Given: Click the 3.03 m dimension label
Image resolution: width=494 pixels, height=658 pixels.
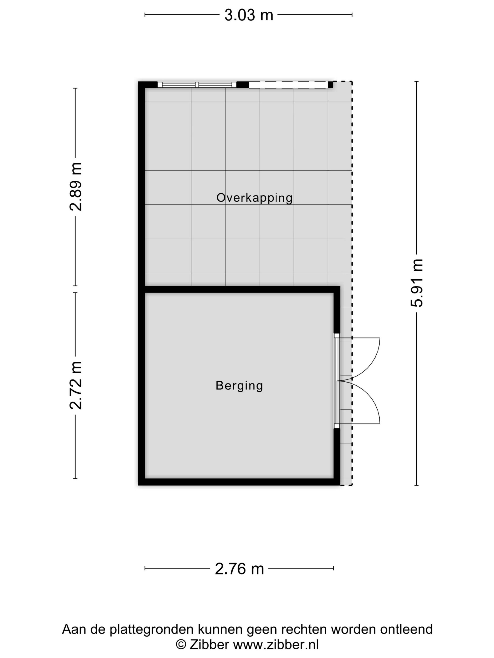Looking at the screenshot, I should click(x=249, y=15).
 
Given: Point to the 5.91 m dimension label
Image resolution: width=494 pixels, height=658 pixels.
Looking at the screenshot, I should click(x=417, y=283).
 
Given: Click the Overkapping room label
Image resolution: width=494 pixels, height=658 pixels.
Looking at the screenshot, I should click(x=254, y=198).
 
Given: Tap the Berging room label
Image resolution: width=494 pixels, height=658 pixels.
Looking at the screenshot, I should click(x=239, y=386).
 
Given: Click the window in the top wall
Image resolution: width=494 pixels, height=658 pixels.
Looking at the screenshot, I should click(x=197, y=85).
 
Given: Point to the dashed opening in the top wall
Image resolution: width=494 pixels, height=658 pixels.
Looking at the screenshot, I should click(x=288, y=85).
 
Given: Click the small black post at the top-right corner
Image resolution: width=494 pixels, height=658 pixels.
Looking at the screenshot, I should click(x=330, y=85).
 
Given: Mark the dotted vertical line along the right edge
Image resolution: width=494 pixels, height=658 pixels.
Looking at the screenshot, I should click(x=352, y=208).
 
